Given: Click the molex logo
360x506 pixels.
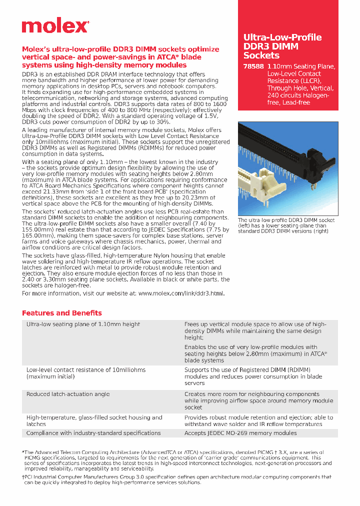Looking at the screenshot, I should pos(55,26).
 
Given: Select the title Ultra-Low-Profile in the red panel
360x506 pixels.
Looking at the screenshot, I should pos(282,37).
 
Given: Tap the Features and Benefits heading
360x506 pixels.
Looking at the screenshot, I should pos(61,313).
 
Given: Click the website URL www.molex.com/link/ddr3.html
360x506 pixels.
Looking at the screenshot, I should pos(181,293).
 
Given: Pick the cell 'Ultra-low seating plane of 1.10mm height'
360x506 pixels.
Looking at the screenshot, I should pos(83,324).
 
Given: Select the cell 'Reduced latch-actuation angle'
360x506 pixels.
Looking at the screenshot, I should pos(67,394).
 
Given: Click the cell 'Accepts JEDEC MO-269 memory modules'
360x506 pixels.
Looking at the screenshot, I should pos(240,433).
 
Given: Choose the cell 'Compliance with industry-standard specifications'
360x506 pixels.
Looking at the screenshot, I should pos(93,433).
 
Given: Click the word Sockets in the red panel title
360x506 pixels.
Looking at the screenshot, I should pos(261,55).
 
